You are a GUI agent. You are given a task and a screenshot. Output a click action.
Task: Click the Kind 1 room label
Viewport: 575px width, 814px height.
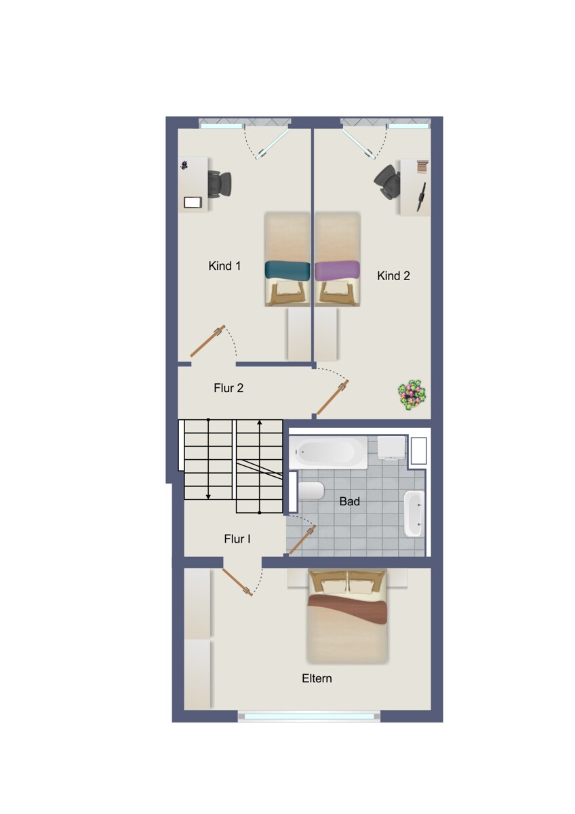coord(224,266)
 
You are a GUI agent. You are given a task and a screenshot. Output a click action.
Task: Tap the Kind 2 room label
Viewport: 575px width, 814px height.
coord(393,276)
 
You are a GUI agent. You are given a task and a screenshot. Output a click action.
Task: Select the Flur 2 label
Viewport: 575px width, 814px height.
coord(229,388)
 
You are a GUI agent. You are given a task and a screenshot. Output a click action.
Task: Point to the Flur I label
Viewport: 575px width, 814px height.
coord(237,539)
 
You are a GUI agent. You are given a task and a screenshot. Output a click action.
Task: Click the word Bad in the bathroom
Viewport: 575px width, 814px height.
coord(349,501)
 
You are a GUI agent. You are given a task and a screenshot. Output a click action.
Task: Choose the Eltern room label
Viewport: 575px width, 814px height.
coord(317,678)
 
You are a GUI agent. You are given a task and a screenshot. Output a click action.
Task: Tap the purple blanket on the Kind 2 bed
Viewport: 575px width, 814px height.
coord(337,270)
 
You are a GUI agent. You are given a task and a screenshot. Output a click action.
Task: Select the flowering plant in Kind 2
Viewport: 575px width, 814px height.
coord(412,395)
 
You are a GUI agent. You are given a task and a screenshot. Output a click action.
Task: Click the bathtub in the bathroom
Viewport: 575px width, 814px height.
coord(328,452)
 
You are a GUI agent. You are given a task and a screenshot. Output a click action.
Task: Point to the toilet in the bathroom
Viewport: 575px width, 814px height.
coord(311,491)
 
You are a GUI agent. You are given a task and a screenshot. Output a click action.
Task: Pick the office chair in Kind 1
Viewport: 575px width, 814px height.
coord(220,185)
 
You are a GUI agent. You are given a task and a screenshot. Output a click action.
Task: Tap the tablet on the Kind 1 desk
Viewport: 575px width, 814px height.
coord(193,202)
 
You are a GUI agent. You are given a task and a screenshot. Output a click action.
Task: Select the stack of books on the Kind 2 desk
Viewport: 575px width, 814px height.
coord(422,167)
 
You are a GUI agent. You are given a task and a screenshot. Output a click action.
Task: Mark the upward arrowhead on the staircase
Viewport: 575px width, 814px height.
coord(259,422)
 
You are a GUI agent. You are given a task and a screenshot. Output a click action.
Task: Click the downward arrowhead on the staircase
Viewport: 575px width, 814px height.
coord(208,496)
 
